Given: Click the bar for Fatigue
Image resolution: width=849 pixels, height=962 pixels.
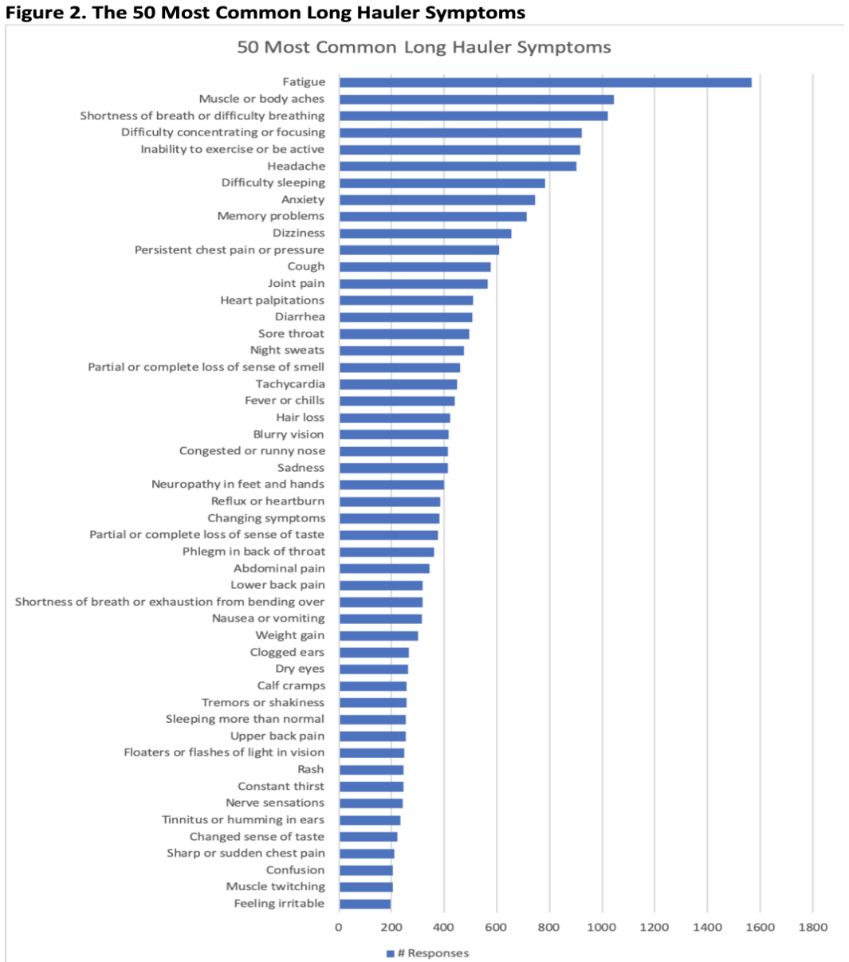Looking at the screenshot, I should point(544,82).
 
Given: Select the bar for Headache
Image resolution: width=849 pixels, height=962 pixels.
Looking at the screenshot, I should point(457,166).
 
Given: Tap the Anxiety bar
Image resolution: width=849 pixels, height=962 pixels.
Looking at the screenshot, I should point(436,199).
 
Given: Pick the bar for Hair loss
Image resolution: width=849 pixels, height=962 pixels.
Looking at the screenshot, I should point(394,418).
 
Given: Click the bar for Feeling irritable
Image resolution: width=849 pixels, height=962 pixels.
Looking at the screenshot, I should point(364,903).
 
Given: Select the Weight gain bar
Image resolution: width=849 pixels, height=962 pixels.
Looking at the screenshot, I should point(378,635).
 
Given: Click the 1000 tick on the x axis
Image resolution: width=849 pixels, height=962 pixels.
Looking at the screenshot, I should point(601,927).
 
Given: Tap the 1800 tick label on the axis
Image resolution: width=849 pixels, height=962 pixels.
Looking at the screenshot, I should point(812,927).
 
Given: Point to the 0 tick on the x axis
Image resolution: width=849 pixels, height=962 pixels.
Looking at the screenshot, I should point(339,927).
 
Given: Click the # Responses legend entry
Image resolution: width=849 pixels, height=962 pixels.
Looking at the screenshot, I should point(427,953).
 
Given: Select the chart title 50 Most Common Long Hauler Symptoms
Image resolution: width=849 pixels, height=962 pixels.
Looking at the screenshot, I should point(424,47).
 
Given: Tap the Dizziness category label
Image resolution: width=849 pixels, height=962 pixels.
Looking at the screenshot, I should point(298,233).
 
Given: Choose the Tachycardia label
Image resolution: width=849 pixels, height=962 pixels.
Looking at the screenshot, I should point(289,384).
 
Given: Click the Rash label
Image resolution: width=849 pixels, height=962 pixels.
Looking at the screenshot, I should point(310,769).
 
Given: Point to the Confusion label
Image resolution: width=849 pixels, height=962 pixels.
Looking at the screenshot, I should point(295,870).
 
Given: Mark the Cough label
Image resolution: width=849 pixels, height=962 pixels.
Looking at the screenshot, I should point(305,266).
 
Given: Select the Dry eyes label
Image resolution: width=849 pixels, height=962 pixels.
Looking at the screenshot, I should point(300,669).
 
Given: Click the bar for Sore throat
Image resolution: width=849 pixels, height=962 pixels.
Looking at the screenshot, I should point(403,334).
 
